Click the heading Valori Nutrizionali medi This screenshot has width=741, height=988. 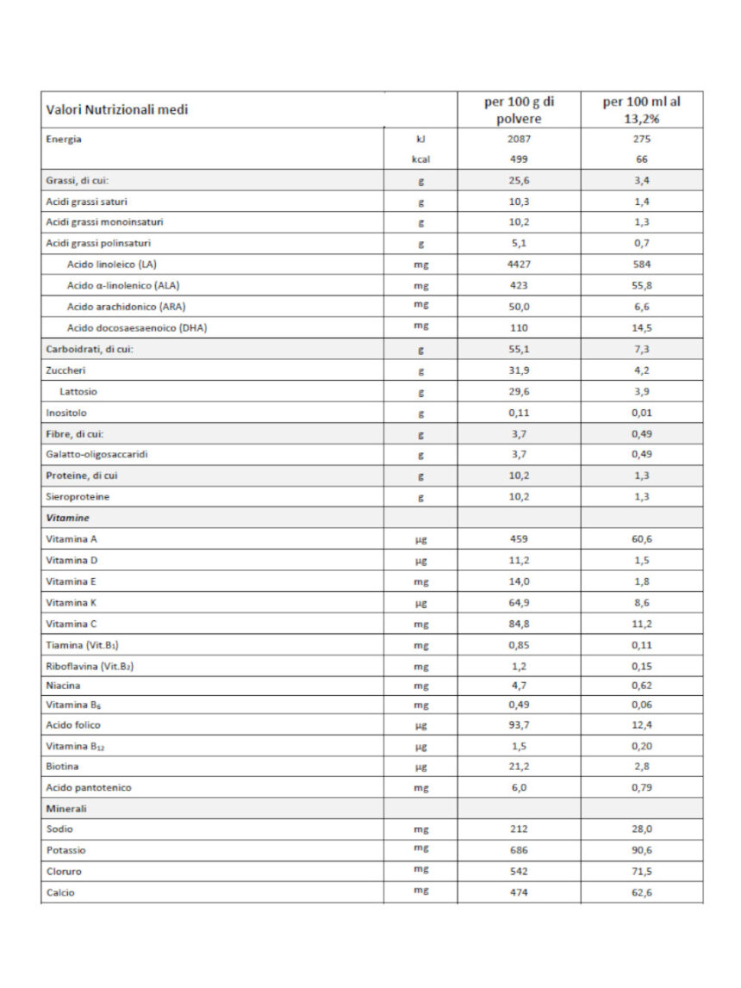click(117, 110)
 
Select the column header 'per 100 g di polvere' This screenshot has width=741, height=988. click(519, 110)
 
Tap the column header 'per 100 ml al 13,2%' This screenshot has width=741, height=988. click(641, 110)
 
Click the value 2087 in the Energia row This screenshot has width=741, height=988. click(519, 139)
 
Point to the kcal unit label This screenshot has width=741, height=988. click(420, 159)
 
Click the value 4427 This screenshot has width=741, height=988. click(519, 264)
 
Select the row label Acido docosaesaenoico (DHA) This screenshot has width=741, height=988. click(137, 327)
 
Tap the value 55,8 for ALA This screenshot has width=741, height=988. click(641, 285)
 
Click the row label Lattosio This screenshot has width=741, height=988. click(78, 391)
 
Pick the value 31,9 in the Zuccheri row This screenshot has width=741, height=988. click(519, 370)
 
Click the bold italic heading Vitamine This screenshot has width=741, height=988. click(66, 518)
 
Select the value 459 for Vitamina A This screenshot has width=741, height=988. click(519, 538)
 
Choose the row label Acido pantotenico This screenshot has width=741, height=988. click(89, 787)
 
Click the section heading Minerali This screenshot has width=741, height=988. click(66, 809)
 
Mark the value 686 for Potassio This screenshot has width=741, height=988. click(519, 850)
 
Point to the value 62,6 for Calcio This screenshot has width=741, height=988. click(641, 892)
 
